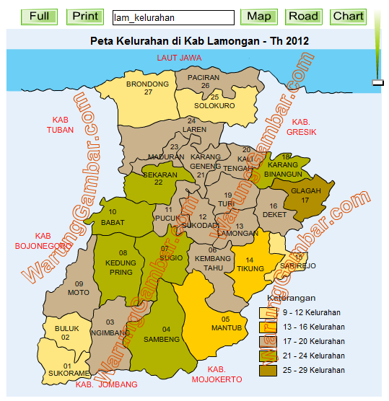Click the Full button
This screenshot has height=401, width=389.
(x=40, y=16)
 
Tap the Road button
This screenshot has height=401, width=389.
(x=303, y=16)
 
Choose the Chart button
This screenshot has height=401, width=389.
(x=348, y=16)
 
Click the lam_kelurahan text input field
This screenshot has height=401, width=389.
(x=173, y=17)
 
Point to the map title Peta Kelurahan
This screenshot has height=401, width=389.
(x=199, y=41)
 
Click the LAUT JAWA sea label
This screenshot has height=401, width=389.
(x=179, y=58)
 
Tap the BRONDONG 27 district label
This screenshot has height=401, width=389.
(x=147, y=88)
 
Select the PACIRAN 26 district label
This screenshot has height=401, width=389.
(x=203, y=81)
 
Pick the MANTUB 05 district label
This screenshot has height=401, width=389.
(x=225, y=323)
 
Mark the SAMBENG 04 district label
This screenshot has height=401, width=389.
(x=162, y=334)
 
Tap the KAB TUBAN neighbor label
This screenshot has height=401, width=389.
(x=60, y=125)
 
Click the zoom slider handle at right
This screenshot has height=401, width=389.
(x=377, y=83)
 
